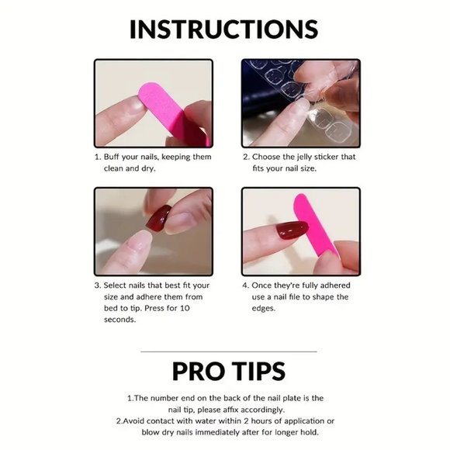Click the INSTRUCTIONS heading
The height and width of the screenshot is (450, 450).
click(x=224, y=29)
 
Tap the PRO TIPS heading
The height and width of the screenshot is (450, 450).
click(x=228, y=371)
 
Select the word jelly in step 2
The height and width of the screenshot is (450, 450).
click(x=306, y=157)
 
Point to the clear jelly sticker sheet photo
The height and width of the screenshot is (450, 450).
click(x=300, y=102)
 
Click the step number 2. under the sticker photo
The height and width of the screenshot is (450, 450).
click(x=245, y=157)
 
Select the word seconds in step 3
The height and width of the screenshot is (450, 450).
click(x=120, y=320)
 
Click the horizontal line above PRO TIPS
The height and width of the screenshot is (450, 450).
click(x=228, y=351)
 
